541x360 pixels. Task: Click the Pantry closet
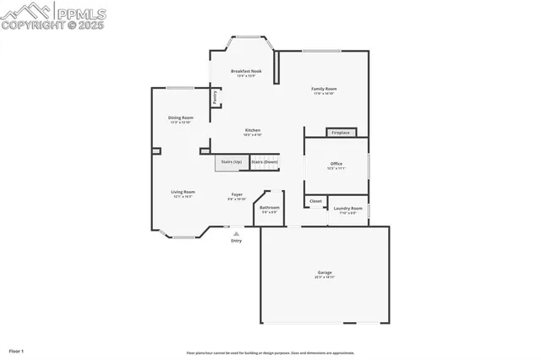(216, 97)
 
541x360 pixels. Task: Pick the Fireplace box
(341, 133)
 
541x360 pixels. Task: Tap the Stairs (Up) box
(231, 161)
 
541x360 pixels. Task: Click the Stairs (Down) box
(265, 161)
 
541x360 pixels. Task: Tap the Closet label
(315, 201)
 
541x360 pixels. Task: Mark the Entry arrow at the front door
(236, 234)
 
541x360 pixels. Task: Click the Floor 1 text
(17, 350)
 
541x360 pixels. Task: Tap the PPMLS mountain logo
(25, 10)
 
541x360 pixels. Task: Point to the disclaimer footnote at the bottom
(270, 352)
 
